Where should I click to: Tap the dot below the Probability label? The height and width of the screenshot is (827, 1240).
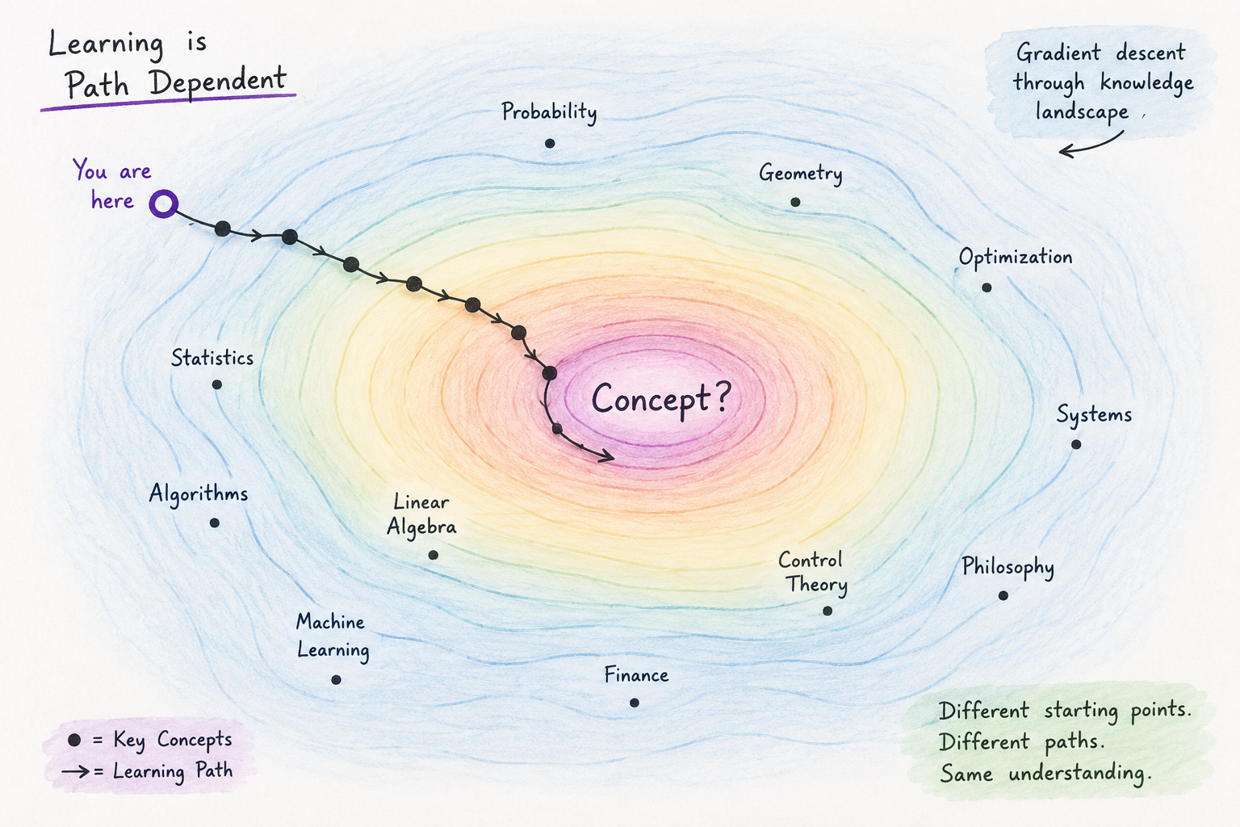(550, 144)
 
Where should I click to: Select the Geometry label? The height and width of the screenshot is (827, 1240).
(801, 174)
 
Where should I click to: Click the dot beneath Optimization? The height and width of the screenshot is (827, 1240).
(987, 288)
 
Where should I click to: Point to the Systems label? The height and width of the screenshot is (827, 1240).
(1094, 414)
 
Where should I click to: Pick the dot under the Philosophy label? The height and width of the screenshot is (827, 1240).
(1003, 595)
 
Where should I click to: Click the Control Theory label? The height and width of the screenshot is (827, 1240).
(812, 573)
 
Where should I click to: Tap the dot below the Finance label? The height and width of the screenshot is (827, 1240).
(635, 703)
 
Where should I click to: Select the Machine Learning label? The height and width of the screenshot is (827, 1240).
(332, 636)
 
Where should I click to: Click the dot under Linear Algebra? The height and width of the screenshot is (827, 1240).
(434, 555)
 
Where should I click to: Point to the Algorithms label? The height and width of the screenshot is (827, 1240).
(198, 493)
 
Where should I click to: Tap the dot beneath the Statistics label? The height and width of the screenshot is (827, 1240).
(217, 384)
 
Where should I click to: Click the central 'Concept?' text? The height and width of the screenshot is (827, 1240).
(661, 398)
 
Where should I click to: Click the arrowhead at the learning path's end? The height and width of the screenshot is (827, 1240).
(607, 455)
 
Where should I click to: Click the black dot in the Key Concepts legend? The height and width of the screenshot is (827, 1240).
(74, 740)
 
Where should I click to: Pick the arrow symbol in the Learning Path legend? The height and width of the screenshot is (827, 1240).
(75, 771)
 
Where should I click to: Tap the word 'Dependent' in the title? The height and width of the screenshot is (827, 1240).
(217, 81)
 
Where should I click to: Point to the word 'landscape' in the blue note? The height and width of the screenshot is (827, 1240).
(1082, 111)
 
